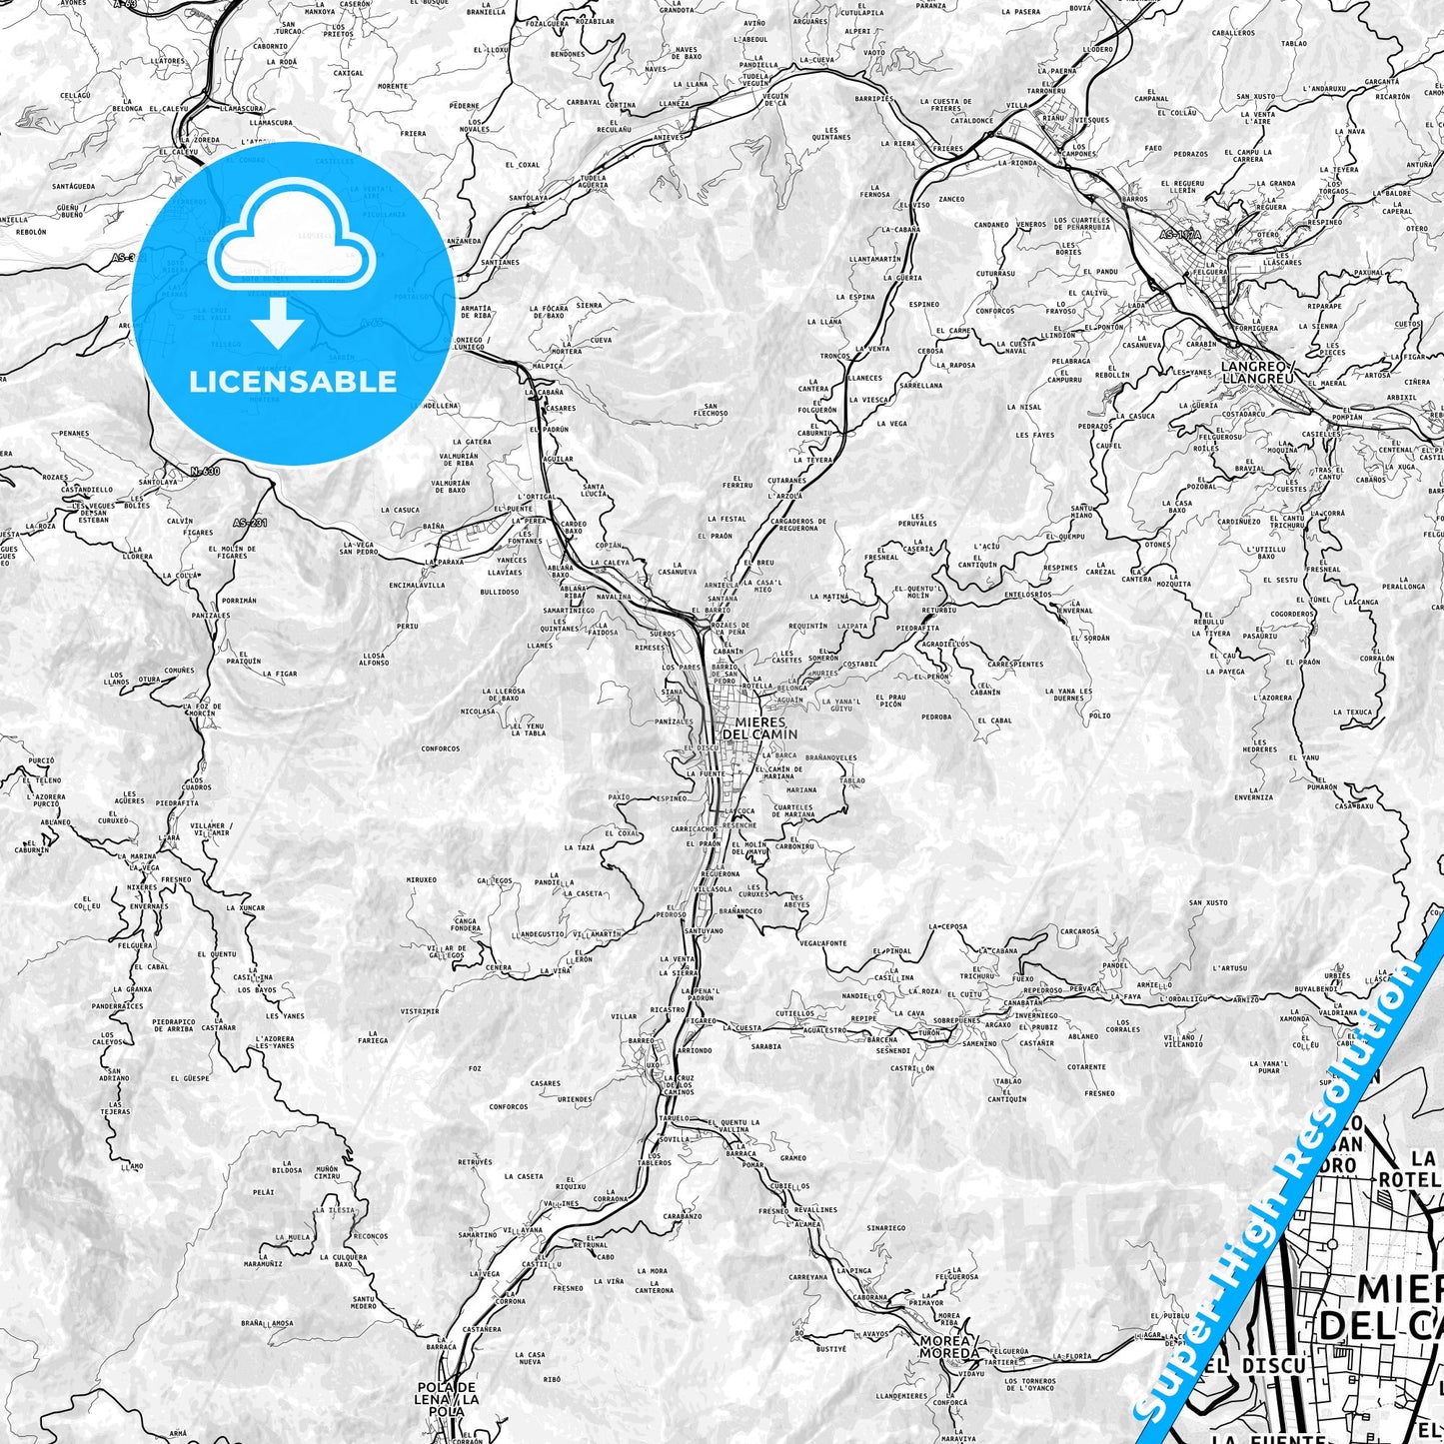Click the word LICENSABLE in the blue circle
[293, 382]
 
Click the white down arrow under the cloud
[278, 323]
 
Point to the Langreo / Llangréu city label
[1257, 372]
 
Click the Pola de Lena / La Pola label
[447, 1393]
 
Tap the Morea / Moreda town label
[949, 1346]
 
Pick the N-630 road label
[204, 471]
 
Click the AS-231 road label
[251, 522]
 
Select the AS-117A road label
[1180, 235]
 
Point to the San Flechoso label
[711, 409]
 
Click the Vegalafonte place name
[822, 942]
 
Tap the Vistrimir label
[420, 1011]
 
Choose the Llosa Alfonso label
[374, 659]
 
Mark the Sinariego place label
[885, 1228]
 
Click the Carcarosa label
[1079, 931]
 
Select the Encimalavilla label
[417, 586]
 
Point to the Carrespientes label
[1014, 664]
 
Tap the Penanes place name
[74, 434]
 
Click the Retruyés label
[475, 1162]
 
